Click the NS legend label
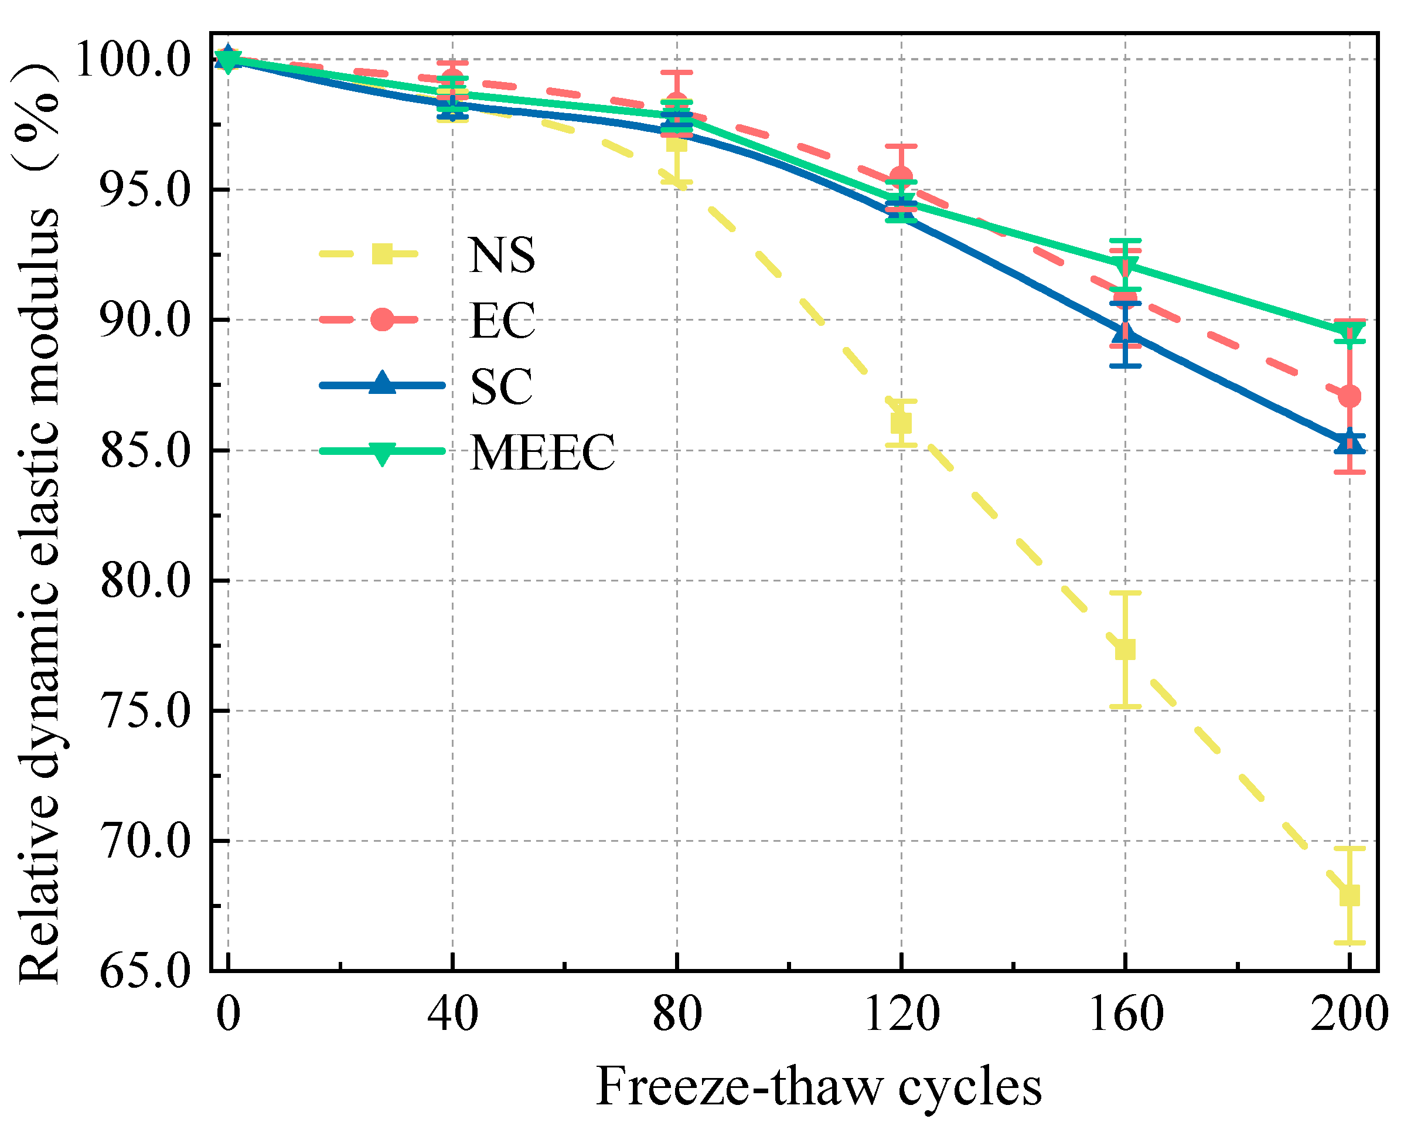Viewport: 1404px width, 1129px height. click(x=502, y=255)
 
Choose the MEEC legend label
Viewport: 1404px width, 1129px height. click(x=542, y=452)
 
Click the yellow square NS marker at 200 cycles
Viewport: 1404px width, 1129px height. click(x=1350, y=895)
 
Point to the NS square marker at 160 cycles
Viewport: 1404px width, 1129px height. click(x=1124, y=649)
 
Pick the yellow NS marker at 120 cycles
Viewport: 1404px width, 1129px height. click(x=901, y=423)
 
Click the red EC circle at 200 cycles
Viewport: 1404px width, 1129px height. click(x=1350, y=396)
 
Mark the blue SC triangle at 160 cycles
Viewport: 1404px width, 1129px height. click(x=1124, y=334)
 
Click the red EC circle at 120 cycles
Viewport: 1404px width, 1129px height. click(x=901, y=177)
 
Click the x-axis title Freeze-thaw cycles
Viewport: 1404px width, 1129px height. click(x=819, y=1087)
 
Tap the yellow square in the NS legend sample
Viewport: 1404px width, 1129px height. click(x=382, y=254)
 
